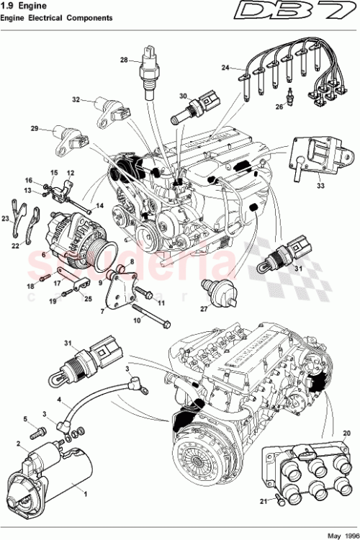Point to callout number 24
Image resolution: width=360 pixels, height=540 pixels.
tap(225, 68)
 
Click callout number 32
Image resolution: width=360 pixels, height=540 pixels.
tap(76, 99)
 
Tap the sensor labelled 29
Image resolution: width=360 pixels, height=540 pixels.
tap(68, 139)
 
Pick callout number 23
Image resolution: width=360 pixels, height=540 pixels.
tap(4, 219)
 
